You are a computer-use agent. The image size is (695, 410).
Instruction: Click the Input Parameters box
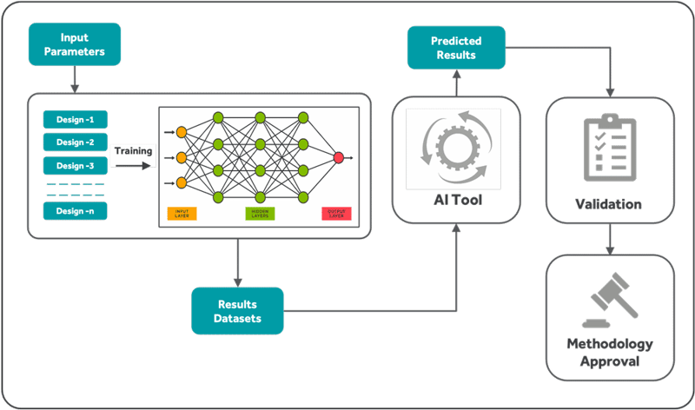click(74, 45)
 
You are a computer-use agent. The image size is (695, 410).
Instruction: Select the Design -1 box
click(75, 119)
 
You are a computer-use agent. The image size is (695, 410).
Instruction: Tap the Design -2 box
click(75, 142)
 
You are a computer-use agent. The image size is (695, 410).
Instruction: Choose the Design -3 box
click(75, 165)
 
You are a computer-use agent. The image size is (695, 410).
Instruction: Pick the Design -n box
click(75, 210)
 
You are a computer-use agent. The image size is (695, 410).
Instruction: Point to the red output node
click(338, 157)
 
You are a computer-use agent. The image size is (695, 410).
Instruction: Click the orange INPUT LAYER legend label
click(181, 213)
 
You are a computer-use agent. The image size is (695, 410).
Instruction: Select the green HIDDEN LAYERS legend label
click(259, 213)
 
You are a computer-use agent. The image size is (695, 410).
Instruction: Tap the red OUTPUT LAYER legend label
click(335, 213)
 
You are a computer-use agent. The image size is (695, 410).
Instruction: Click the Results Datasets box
click(237, 311)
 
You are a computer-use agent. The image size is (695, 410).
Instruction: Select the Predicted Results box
click(456, 49)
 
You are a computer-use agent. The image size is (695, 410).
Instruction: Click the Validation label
click(608, 205)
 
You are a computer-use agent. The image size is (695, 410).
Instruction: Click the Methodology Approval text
click(609, 352)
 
